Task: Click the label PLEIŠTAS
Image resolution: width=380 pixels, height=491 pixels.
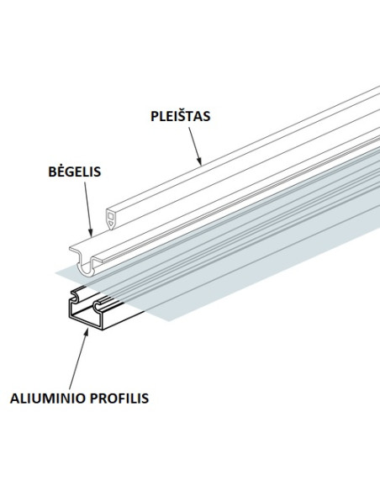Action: click(180, 115)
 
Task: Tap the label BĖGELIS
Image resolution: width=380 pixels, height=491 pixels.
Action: click(75, 172)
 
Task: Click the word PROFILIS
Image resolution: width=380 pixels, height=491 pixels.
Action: click(119, 399)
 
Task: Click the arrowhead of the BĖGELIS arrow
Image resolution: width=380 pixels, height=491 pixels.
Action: click(91, 232)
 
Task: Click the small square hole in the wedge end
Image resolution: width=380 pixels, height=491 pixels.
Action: click(110, 215)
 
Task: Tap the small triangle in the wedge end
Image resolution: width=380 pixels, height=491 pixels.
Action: click(110, 224)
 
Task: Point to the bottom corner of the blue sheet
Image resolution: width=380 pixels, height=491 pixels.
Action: click(169, 320)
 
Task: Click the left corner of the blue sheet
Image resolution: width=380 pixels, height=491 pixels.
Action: click(56, 273)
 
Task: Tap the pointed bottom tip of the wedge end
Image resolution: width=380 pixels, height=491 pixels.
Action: click(111, 230)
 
